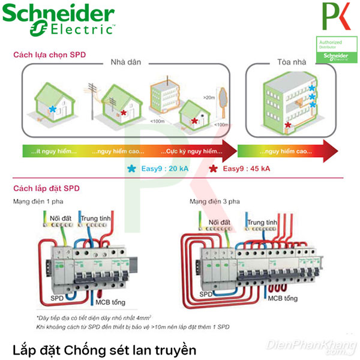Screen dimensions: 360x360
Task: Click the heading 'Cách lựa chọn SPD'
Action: click(x=49, y=55)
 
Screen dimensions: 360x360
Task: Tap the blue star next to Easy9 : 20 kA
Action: click(x=131, y=169)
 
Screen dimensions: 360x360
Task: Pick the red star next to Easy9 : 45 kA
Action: click(x=214, y=169)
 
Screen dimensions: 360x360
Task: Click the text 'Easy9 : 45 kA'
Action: click(x=246, y=169)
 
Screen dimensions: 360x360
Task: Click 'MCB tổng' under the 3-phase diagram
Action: click(x=283, y=298)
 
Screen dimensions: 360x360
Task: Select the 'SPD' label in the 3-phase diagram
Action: click(x=207, y=295)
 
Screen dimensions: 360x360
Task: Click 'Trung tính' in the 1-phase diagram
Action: click(x=96, y=218)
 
